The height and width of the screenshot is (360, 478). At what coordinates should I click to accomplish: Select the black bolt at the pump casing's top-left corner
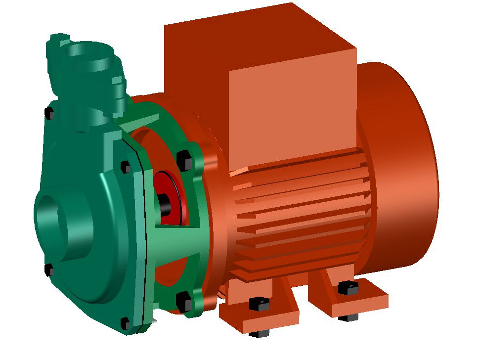[x=49, y=113]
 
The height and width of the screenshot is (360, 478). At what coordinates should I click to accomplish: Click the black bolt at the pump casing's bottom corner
[x=125, y=324]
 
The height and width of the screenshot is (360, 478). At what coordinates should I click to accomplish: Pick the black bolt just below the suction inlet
[x=49, y=270]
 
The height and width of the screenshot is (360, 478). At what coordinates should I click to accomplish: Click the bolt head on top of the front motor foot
[x=259, y=303]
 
